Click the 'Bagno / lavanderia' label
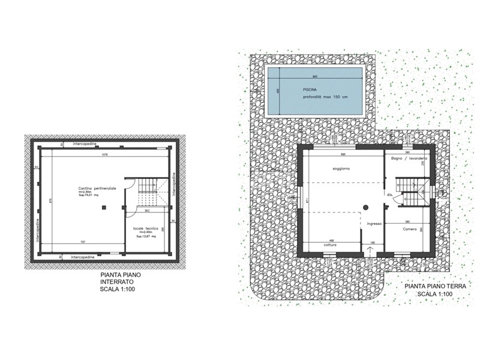pos(409,158)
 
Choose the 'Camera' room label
pos(410,229)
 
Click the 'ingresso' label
pos(374,224)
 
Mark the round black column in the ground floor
pos(365,207)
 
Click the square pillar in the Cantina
pos(104,207)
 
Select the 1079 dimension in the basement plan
pos(104,155)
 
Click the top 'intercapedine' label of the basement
pos(88,145)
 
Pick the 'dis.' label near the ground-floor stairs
pos(389,195)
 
